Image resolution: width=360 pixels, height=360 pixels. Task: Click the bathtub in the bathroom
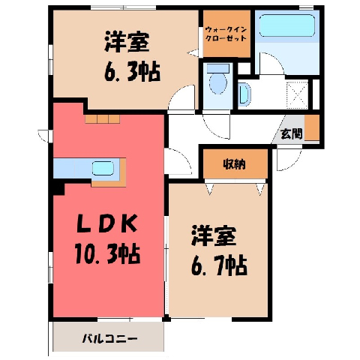286,25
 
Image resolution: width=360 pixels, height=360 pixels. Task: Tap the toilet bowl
218,83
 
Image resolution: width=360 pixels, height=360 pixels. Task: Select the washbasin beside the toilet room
244,93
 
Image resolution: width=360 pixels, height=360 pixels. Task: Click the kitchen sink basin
103,168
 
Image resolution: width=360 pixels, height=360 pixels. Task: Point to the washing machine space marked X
297,94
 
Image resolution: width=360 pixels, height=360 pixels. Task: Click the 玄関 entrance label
292,133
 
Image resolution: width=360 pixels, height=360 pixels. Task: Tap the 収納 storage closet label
234,164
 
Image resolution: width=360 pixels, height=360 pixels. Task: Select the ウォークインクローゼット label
226,34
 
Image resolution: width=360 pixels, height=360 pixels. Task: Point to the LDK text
106,223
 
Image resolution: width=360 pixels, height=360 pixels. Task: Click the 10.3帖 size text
107,254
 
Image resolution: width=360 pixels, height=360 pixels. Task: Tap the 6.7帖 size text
219,265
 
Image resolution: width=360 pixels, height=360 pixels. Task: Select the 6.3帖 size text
132,71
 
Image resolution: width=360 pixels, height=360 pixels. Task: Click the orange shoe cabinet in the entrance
312,127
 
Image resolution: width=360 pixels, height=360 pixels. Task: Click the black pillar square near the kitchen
59,189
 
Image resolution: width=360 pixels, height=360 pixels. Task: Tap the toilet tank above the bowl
218,68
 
